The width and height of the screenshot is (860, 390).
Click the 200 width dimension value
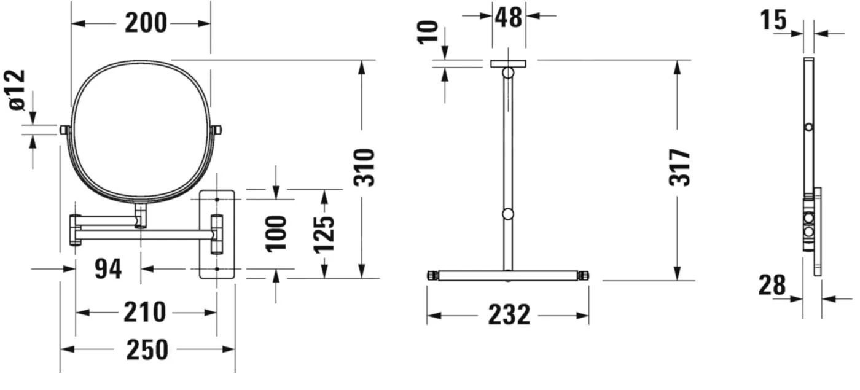(x=146, y=23)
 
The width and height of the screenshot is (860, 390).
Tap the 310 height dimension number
(x=364, y=168)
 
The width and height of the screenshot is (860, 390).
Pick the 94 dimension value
(x=108, y=269)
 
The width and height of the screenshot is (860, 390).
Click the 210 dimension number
(x=145, y=313)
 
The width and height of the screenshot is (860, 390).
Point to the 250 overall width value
(x=147, y=349)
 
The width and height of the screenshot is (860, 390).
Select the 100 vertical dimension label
(x=276, y=234)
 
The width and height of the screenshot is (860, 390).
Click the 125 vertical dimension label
(x=324, y=235)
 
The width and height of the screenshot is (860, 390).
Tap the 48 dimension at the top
(x=509, y=17)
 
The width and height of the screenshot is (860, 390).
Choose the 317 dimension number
(x=679, y=168)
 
